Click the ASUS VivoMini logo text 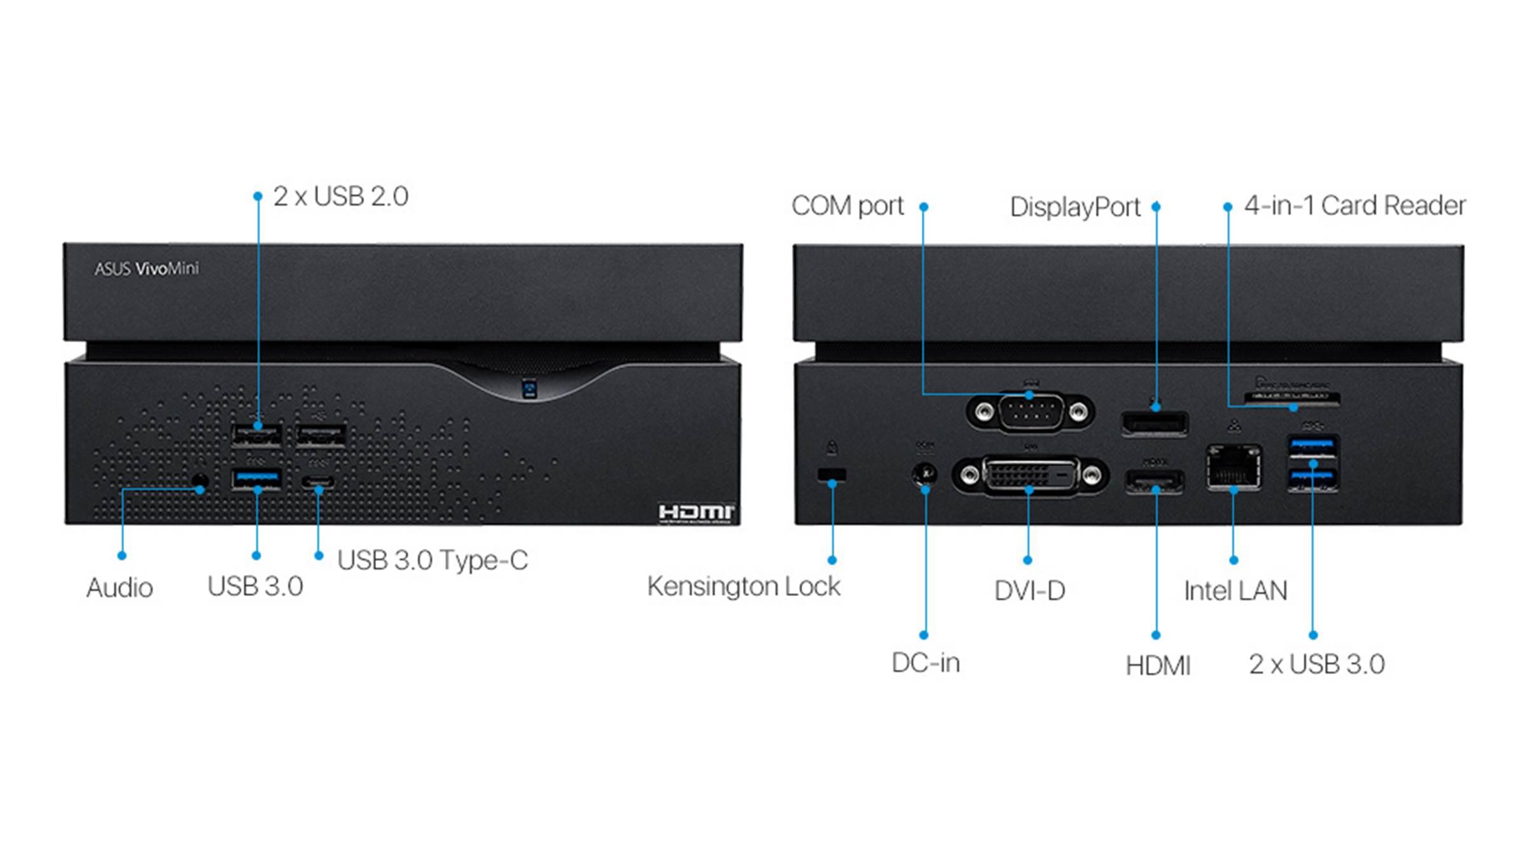[146, 269]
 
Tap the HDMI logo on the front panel [696, 512]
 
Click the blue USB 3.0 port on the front [256, 478]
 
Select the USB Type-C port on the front [318, 481]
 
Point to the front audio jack [200, 481]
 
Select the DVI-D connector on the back [1031, 474]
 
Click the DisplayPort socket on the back [1155, 423]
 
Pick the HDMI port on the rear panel [1155, 481]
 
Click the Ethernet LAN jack [1234, 468]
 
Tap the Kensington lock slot [831, 474]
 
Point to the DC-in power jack [924, 474]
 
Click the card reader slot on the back [1291, 399]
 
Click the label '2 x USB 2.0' [340, 197]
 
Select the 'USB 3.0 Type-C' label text [433, 560]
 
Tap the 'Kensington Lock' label [744, 586]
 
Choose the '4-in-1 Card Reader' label [1354, 206]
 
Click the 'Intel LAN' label [1235, 591]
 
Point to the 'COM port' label [847, 206]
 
